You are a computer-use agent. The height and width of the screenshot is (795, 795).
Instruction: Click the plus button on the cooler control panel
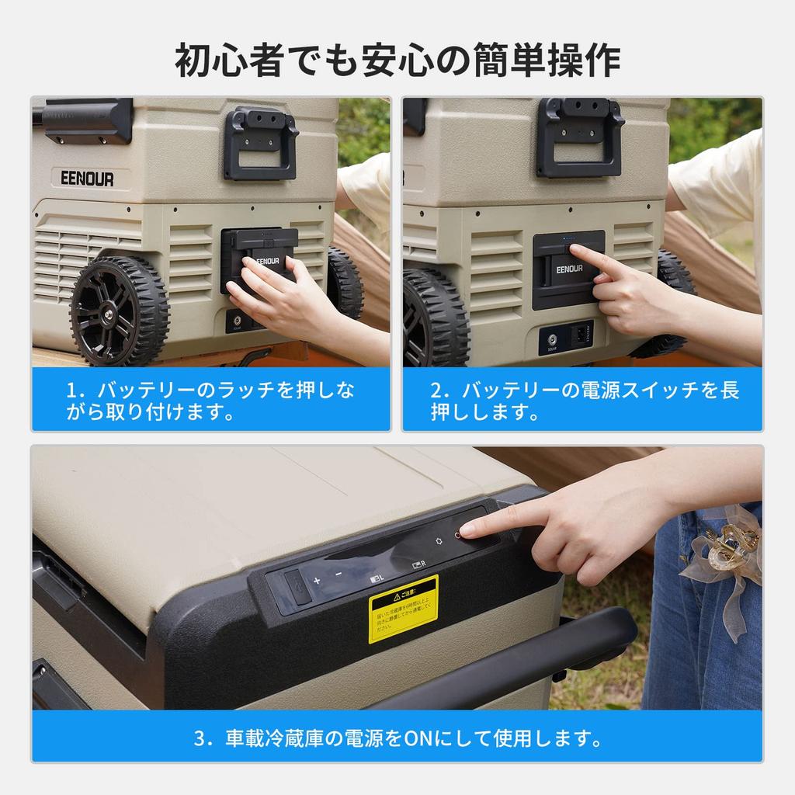pos(317,580)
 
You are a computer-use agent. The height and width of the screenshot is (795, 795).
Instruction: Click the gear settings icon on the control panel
pos(439,540)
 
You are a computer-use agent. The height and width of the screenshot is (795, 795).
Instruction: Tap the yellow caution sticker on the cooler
pos(403,608)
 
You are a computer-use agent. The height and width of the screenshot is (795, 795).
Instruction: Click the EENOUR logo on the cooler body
pos(87,179)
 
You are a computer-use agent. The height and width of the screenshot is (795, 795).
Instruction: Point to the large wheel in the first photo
pos(120,311)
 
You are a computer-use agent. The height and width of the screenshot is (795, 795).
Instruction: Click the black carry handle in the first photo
pos(261,143)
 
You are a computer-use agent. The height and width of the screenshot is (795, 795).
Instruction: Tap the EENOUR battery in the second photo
pos(568,269)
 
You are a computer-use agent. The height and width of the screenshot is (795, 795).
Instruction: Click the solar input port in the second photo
pos(552,338)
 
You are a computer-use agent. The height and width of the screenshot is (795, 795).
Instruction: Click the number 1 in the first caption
pos(71,391)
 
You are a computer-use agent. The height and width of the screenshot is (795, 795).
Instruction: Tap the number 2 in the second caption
pos(436,391)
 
